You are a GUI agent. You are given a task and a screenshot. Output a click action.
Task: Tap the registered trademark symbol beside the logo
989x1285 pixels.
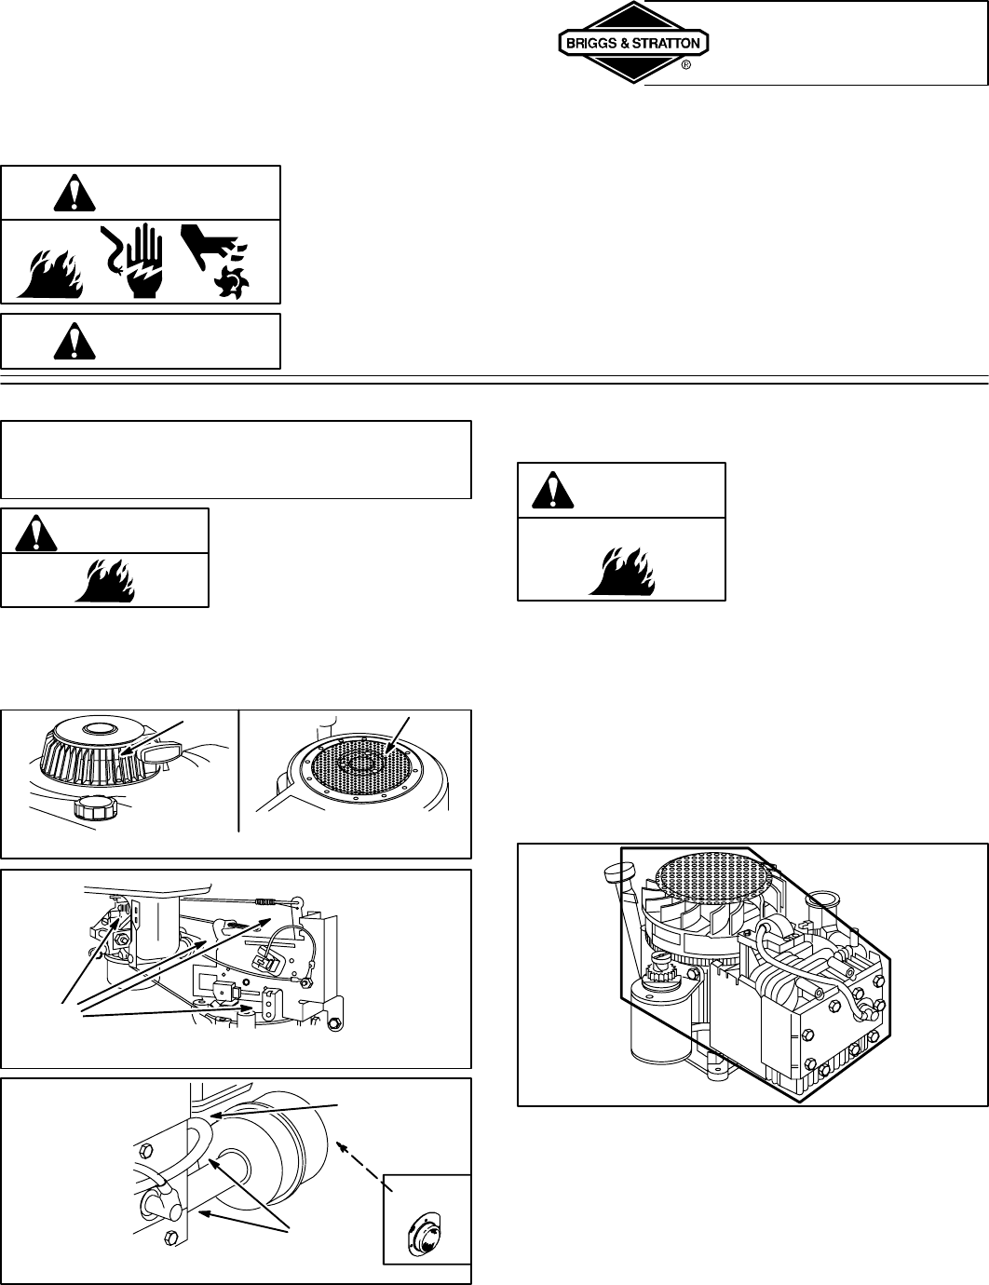coord(686,66)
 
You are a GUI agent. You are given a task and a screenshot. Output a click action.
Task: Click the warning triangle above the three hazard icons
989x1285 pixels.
coord(68,193)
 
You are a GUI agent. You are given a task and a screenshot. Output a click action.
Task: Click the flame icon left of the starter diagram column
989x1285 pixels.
coord(106,580)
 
